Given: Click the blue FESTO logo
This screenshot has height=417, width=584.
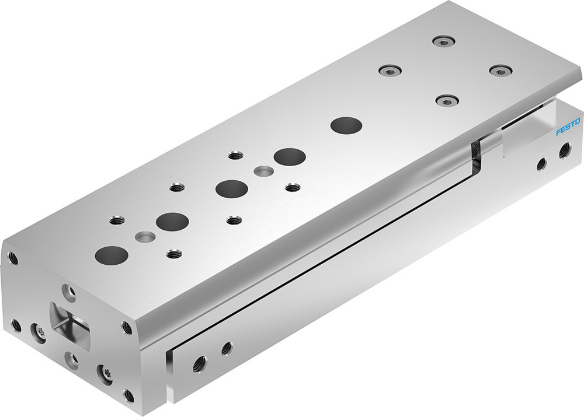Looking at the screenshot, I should (x=567, y=127).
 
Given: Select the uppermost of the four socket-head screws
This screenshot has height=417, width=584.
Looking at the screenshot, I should (x=444, y=41).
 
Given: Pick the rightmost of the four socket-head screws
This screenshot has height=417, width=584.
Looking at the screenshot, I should (x=500, y=70).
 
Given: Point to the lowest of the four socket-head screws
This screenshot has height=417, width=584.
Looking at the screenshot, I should (x=446, y=101).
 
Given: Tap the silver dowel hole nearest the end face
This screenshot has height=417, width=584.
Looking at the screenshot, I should (x=145, y=236).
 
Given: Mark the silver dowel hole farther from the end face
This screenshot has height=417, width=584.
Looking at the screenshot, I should (x=263, y=171).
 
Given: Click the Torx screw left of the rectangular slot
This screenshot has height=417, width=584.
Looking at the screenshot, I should (x=40, y=331).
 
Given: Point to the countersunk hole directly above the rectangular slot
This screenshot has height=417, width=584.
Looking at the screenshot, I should (x=69, y=290).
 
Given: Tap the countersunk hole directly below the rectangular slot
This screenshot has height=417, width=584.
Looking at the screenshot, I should (x=72, y=360).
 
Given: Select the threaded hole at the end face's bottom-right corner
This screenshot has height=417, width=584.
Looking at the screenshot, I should (x=128, y=395).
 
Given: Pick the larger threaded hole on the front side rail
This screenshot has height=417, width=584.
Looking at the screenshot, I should (x=200, y=362).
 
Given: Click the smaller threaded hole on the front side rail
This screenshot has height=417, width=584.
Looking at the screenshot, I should (x=227, y=348).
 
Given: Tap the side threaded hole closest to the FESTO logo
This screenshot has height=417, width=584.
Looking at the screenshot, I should (x=564, y=152).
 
